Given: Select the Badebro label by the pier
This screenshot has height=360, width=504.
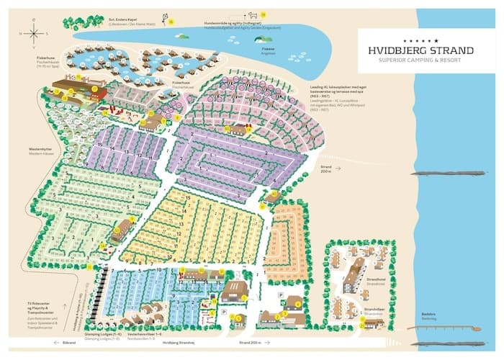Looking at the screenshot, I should tap(429, 315).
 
